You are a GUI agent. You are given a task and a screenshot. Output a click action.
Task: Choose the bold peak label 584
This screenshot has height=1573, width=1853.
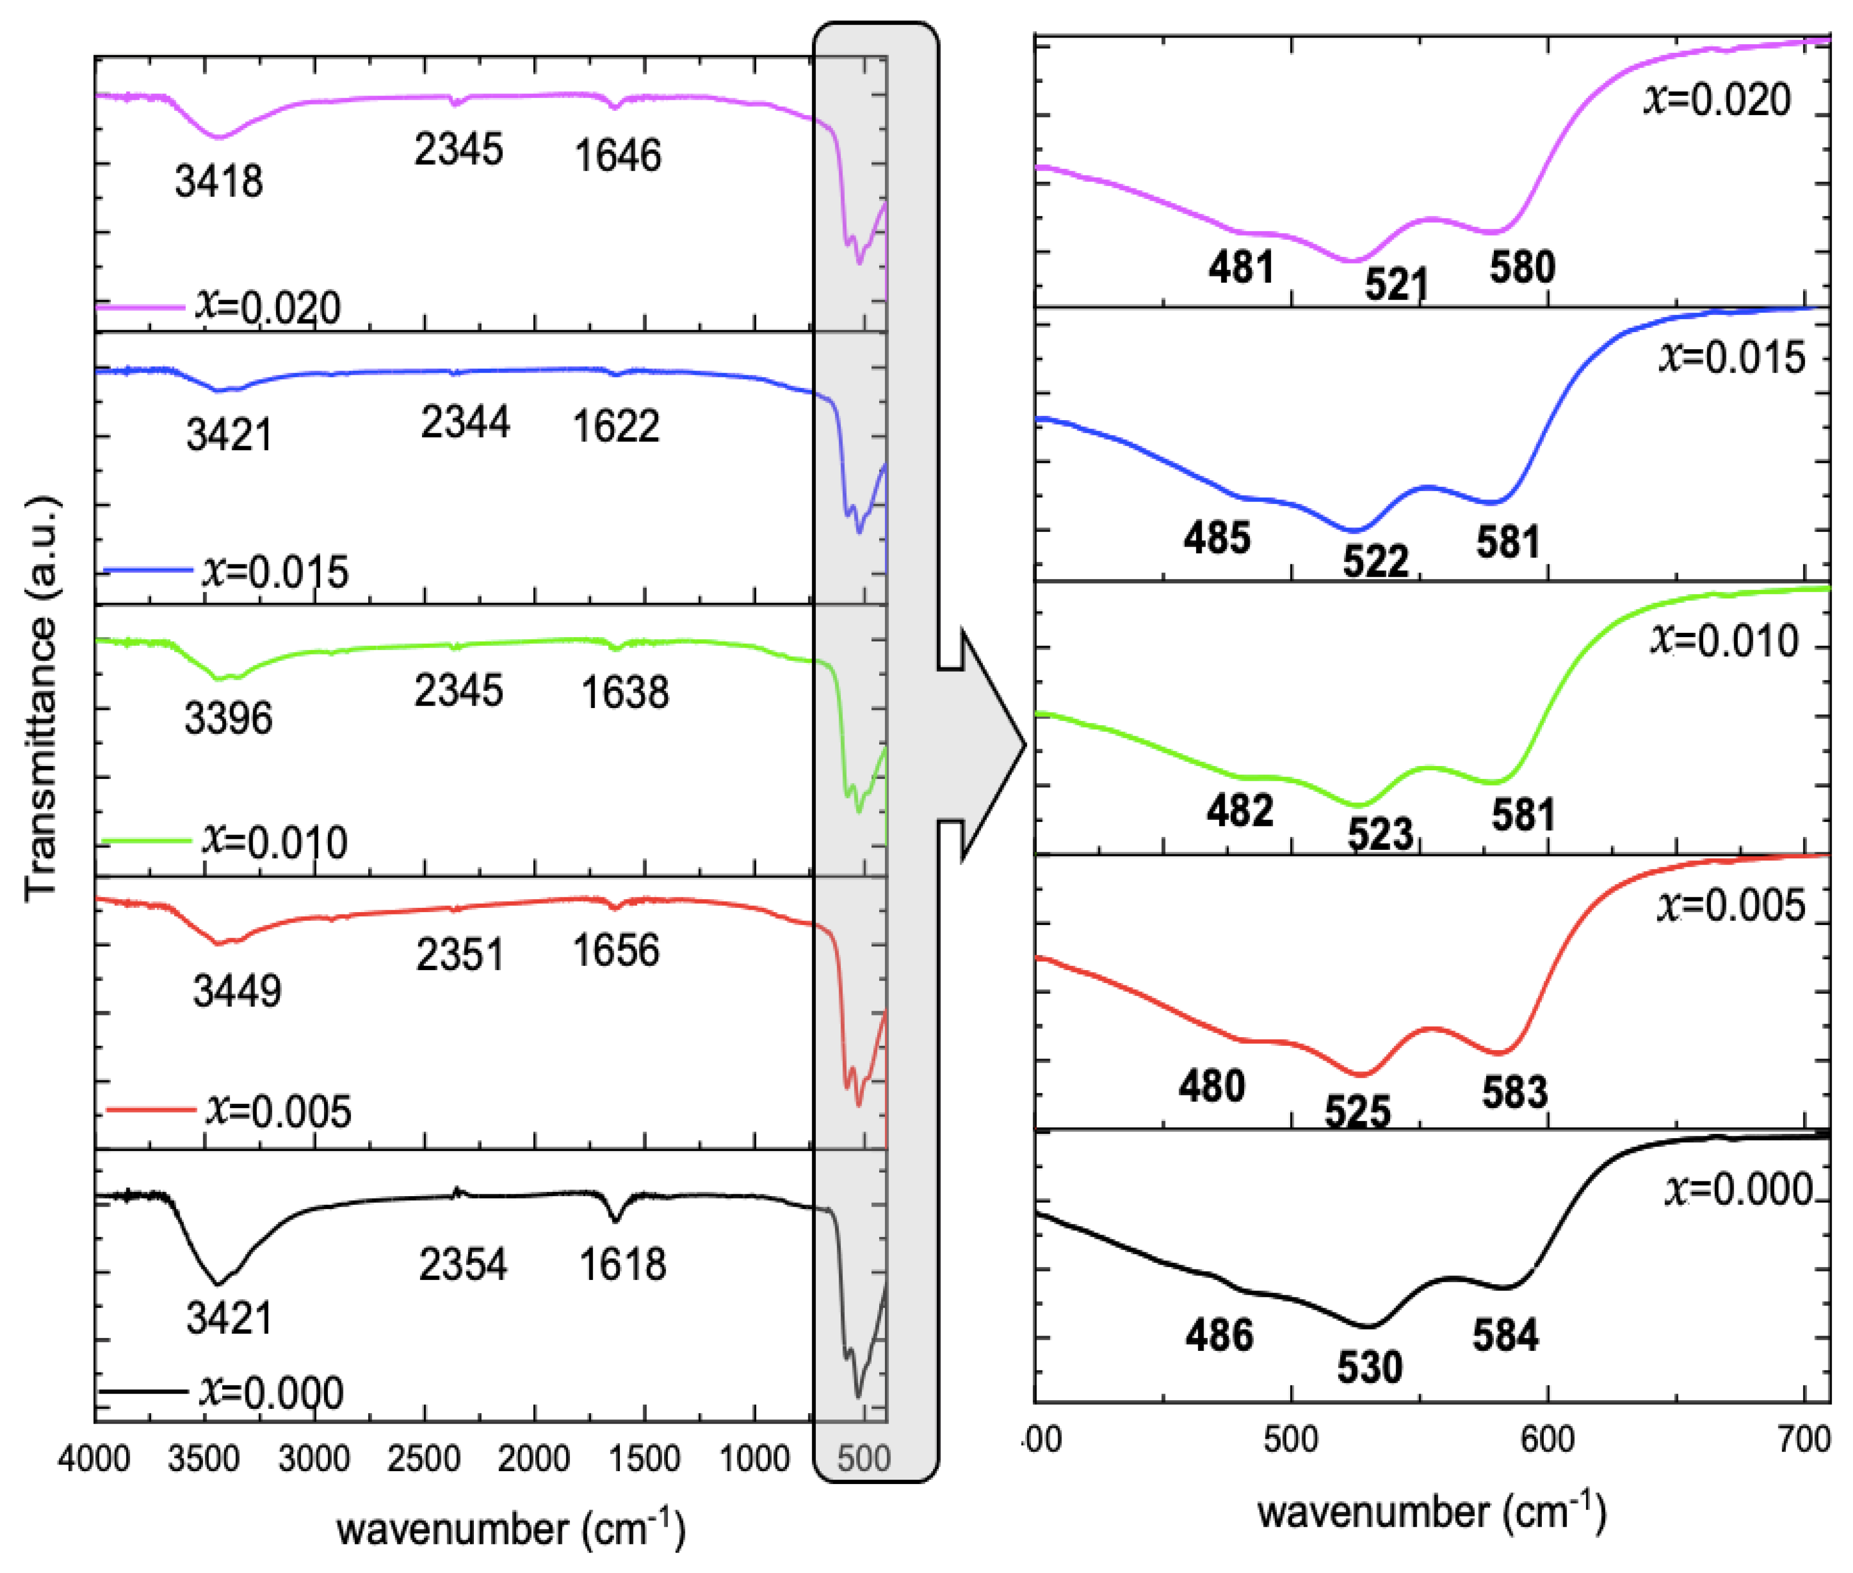(1505, 1336)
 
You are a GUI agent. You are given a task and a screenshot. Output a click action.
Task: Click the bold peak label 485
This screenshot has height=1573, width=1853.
(1217, 538)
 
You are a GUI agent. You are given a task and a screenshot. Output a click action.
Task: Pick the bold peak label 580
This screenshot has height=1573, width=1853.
(1522, 267)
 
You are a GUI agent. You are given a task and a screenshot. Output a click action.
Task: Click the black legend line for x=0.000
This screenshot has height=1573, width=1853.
(143, 1392)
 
